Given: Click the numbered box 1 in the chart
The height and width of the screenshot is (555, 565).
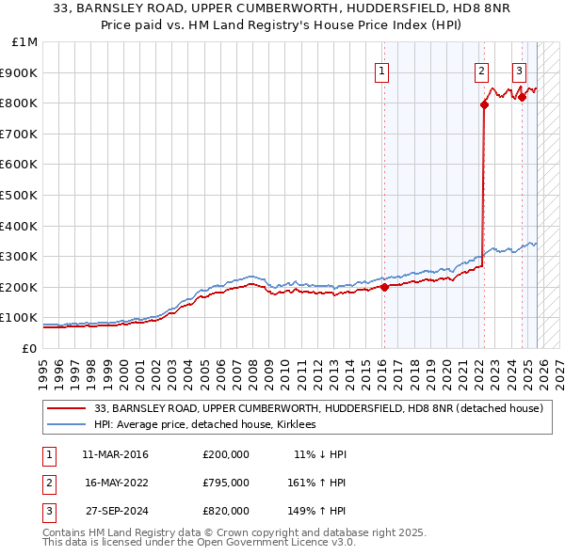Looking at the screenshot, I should (382, 71).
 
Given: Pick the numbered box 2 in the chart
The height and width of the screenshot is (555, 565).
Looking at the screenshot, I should (481, 71).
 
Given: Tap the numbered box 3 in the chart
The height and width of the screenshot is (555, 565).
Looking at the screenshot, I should (519, 71).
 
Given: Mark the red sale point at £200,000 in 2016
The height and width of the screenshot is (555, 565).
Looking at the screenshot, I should (384, 288).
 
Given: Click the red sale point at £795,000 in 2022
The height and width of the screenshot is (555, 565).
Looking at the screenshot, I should (484, 105).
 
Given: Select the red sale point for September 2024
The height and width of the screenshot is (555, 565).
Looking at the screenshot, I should (522, 97).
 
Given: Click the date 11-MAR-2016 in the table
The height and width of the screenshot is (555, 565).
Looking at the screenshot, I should (115, 454).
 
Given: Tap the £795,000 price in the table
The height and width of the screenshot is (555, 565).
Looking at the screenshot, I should (225, 482).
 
